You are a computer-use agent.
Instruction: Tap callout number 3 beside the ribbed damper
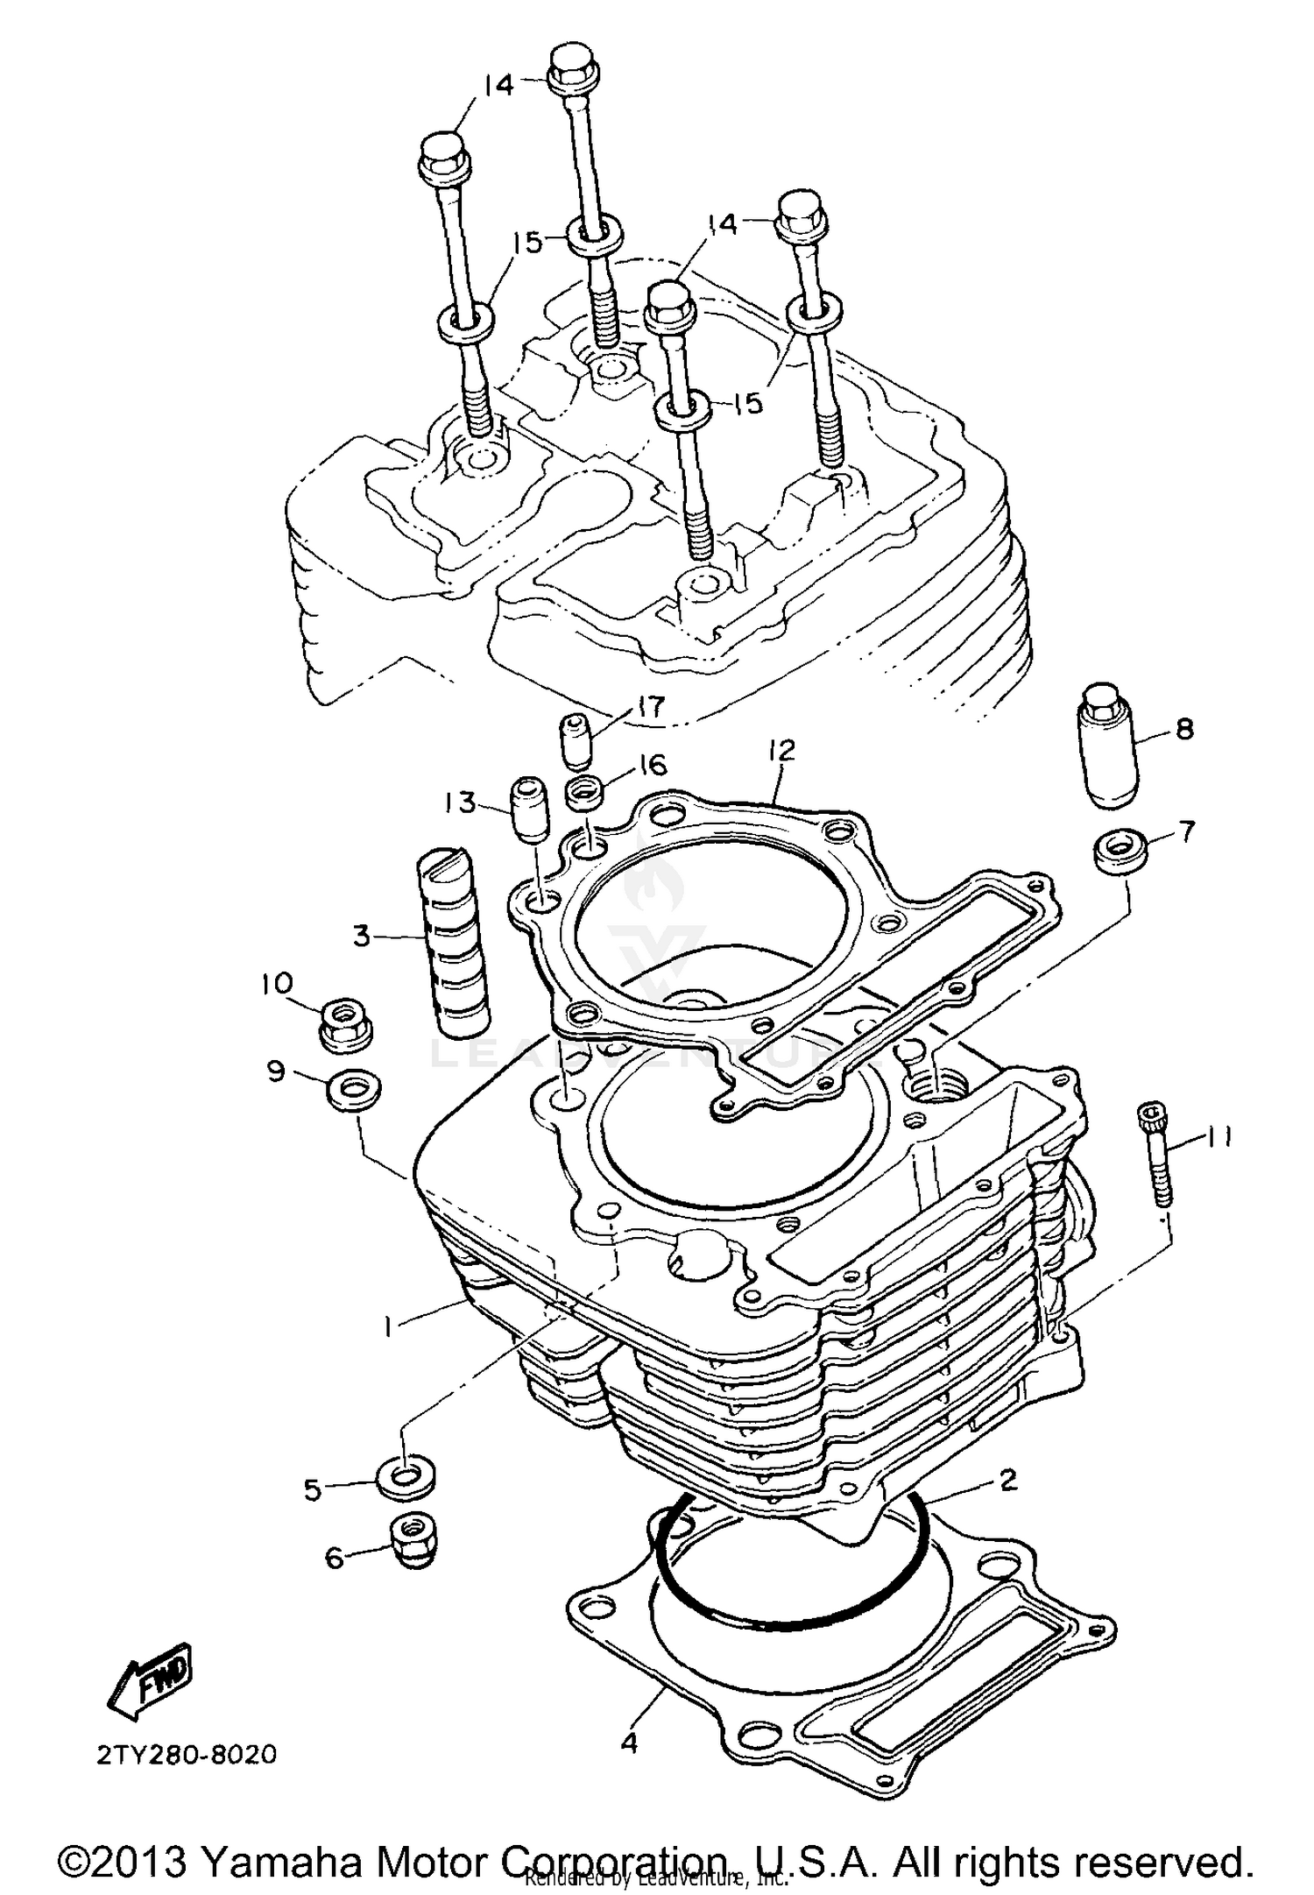[362, 937]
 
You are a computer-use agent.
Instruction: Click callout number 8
[1184, 728]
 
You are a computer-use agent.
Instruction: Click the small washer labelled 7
[1118, 851]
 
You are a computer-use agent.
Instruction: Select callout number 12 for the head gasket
[781, 750]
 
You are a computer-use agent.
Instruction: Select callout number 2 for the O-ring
[1007, 1480]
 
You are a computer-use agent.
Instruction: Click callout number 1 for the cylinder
[386, 1327]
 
